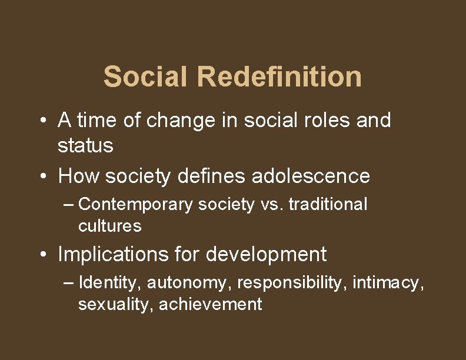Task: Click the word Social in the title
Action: tap(145, 77)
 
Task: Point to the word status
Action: tap(85, 146)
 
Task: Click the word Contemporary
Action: tap(135, 205)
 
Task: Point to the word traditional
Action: tap(328, 205)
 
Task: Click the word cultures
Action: tap(109, 226)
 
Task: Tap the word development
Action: tap(267, 254)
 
